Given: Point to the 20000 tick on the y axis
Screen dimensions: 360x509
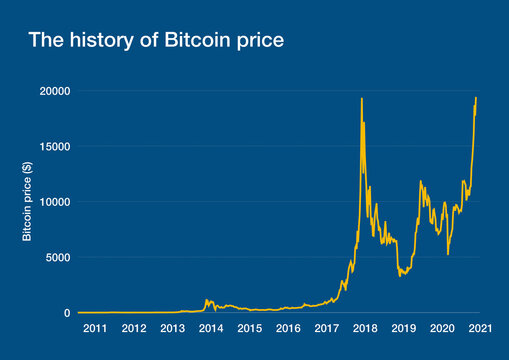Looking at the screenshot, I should [53, 91].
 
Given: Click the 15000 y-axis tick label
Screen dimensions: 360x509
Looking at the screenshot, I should [53, 146].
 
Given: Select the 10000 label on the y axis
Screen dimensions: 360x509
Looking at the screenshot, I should [53, 202].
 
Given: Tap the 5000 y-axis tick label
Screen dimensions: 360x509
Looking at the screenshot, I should [56, 257].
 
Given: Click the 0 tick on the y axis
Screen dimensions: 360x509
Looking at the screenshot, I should [66, 313].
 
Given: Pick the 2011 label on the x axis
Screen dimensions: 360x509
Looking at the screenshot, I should [96, 329].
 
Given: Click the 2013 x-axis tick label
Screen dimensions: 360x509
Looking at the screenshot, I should [173, 329].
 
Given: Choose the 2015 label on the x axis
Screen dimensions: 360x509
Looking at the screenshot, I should [250, 329].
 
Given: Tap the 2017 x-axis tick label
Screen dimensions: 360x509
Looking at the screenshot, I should [326, 329].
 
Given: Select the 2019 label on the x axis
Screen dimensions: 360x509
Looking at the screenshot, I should [403, 329].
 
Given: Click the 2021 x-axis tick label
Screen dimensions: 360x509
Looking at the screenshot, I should [480, 329].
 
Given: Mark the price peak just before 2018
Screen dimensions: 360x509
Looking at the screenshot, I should [361, 98].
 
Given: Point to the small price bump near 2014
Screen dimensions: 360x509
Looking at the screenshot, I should [207, 299].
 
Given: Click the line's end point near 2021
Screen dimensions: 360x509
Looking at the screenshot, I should [476, 97].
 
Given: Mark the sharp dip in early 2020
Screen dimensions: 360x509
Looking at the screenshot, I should [447, 254].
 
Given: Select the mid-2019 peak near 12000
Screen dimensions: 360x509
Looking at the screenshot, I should [420, 181].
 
